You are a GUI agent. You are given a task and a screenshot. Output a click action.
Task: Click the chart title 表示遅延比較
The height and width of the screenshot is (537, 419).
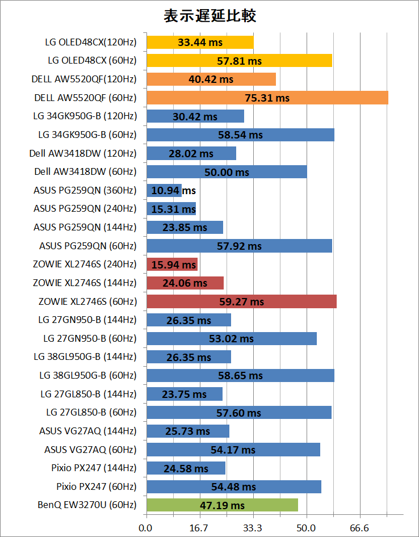[209, 16]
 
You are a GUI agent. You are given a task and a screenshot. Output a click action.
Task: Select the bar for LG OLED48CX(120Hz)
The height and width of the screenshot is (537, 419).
[200, 42]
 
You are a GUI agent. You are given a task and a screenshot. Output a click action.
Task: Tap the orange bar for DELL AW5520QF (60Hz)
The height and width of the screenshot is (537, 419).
[267, 98]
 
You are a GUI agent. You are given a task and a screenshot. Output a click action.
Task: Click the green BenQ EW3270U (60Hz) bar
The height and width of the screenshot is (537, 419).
[222, 505]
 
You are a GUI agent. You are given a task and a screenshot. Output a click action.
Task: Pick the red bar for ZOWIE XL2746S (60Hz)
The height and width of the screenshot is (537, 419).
[241, 301]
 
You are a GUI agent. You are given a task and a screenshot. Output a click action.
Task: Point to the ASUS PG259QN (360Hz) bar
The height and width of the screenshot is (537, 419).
[164, 190]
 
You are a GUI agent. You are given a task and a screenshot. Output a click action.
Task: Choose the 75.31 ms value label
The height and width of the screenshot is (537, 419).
[267, 98]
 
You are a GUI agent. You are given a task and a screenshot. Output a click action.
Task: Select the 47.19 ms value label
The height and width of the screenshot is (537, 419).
[222, 505]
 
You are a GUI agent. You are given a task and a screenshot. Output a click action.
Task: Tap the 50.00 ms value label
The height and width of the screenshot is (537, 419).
[227, 172]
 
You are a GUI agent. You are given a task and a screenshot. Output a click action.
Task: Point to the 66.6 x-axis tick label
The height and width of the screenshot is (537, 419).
[359, 528]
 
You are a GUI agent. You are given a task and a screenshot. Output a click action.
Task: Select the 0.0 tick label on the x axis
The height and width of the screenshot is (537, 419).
[146, 528]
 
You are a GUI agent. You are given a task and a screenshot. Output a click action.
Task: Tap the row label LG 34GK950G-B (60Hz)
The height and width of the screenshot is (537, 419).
[87, 135]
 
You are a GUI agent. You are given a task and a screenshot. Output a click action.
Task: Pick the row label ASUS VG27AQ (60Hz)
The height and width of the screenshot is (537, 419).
[90, 450]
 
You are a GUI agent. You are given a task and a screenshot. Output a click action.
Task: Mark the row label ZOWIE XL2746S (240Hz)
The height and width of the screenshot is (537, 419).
[85, 264]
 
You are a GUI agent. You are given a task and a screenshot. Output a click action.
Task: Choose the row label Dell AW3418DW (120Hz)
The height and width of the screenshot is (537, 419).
[83, 153]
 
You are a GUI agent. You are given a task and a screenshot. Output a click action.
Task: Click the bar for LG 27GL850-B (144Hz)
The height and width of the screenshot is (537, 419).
[185, 394]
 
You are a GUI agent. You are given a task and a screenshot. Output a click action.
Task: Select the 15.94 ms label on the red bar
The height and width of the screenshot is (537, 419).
[173, 265]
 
